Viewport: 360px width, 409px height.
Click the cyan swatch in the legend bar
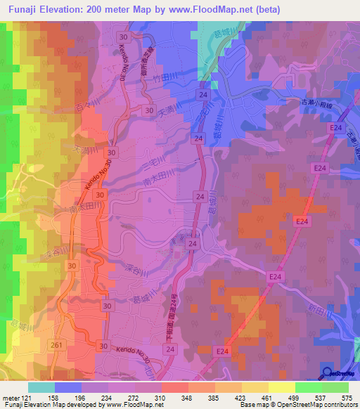coord(41,387)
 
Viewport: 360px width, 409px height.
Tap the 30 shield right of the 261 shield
coord(103,346)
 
